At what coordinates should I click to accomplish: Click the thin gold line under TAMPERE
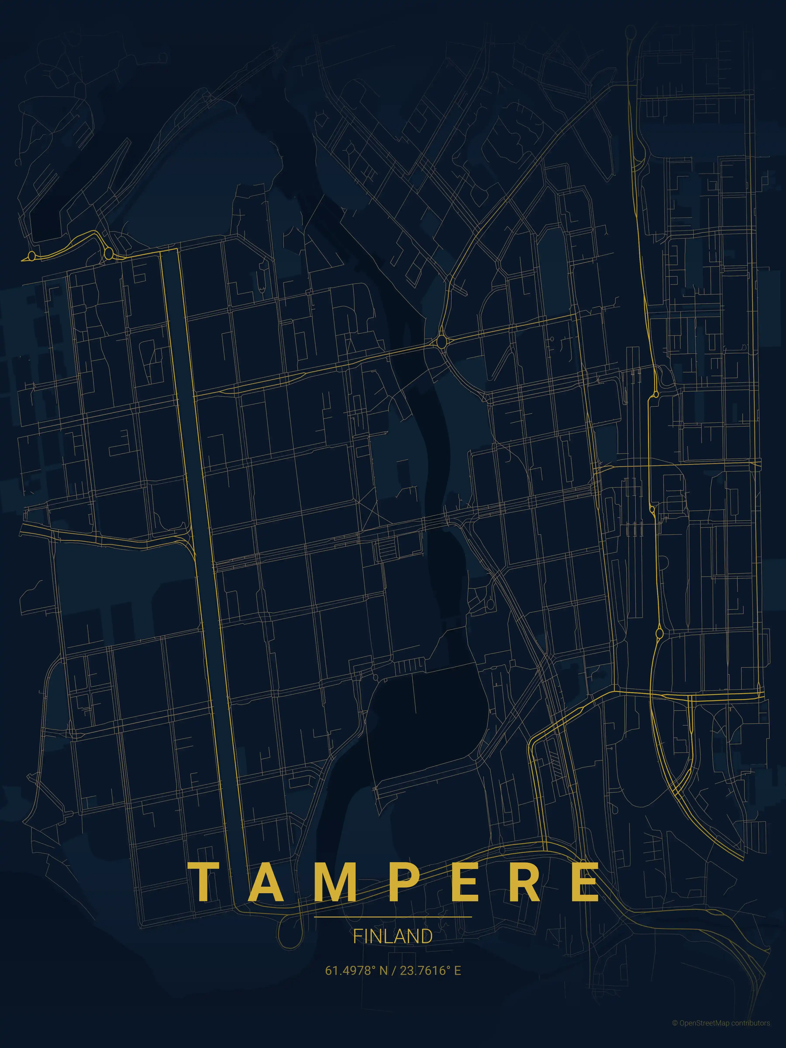393,917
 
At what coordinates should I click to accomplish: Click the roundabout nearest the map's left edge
32,256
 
